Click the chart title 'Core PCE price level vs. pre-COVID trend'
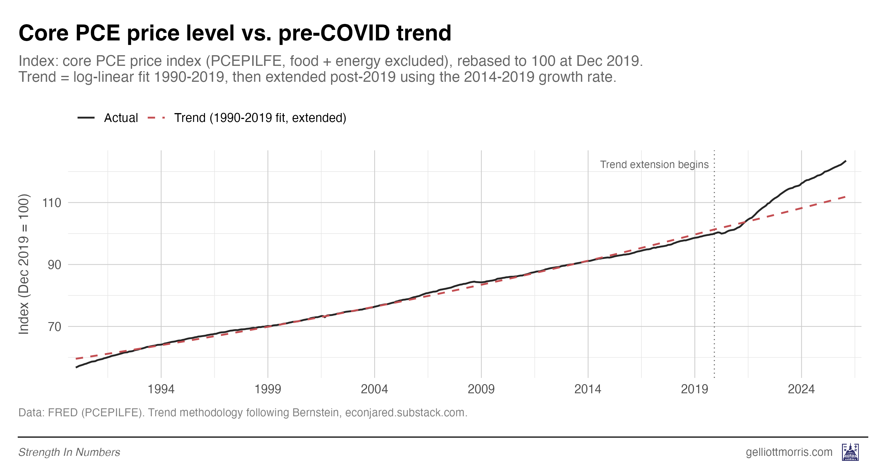(x=234, y=33)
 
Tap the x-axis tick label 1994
(x=161, y=389)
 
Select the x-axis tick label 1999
(x=268, y=389)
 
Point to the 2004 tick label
(x=374, y=389)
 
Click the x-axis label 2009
(x=481, y=389)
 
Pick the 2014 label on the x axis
(x=588, y=389)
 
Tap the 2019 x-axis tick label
(x=694, y=389)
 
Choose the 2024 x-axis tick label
(x=801, y=389)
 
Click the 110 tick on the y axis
(x=52, y=203)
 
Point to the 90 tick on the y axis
(x=54, y=265)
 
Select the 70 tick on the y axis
(x=54, y=327)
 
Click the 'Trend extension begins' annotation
(x=654, y=164)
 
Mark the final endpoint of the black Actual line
(x=846, y=161)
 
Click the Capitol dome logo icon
(x=850, y=452)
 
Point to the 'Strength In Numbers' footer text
(x=69, y=452)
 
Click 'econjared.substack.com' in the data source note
(x=406, y=412)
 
